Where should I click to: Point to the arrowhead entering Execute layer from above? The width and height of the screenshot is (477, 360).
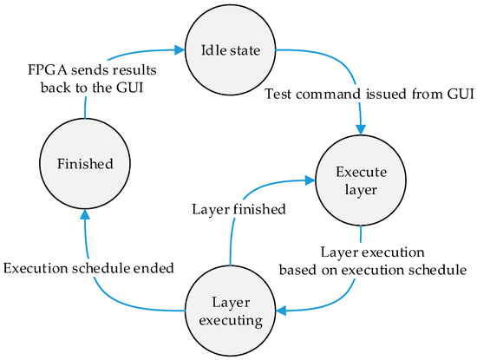(x=360, y=128)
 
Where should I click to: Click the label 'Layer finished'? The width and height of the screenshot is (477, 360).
(x=232, y=207)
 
